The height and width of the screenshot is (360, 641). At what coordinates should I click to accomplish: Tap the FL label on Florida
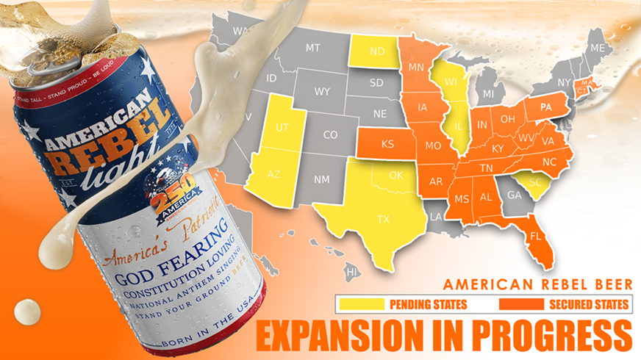click(x=537, y=237)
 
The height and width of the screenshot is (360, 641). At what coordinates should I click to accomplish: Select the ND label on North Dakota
click(x=377, y=52)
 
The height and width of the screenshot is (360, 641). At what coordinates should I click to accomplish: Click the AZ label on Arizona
click(x=274, y=175)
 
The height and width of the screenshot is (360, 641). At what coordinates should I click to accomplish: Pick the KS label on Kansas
click(x=387, y=145)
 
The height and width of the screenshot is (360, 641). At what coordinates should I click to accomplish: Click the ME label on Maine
click(x=597, y=48)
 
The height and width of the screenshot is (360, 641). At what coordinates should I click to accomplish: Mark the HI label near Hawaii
click(x=352, y=273)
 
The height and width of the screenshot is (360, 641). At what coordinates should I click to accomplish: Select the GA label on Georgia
click(x=514, y=195)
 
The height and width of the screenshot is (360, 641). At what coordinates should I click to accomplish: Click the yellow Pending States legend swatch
click(x=360, y=303)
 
